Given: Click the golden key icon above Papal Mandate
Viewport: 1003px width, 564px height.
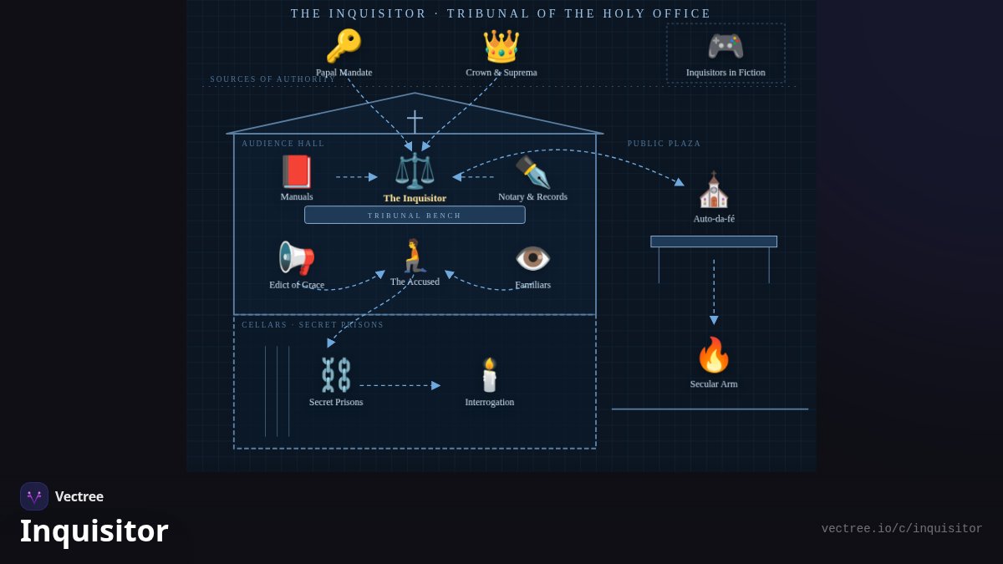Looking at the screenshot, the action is point(344,46).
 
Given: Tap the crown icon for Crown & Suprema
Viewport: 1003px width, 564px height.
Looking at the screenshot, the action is point(501,47).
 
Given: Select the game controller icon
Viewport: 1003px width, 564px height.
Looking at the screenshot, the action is point(726,46).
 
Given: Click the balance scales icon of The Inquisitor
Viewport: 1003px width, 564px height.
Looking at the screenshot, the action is point(415,170).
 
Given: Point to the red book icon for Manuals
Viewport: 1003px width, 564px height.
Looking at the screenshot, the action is point(297,171).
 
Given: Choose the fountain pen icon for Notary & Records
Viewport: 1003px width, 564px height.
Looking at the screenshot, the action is point(533,172).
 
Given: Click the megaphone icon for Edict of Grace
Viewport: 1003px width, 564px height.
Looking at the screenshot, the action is point(297,258).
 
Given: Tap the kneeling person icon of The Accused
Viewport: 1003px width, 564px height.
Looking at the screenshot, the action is point(415,256).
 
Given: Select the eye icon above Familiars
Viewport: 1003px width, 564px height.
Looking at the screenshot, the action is point(533,258).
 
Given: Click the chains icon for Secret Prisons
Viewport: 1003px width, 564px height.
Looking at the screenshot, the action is point(336,374).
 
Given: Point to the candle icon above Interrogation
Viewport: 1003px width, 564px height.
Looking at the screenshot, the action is point(490,374).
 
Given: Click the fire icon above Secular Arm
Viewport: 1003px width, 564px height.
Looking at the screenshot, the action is point(714,355).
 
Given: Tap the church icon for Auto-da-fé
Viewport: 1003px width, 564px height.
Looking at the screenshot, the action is point(714,190).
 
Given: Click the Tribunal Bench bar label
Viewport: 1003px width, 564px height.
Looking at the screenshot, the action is point(415,216).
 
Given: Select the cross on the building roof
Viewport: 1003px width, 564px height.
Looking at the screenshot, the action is point(415,122).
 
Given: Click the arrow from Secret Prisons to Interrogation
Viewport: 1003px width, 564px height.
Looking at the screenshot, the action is point(400,385).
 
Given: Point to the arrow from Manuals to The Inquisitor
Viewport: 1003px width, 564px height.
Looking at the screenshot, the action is point(357,177).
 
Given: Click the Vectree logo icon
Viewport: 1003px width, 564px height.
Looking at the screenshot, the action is point(34,496).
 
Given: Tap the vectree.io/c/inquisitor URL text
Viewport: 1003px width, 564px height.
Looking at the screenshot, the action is point(902,529).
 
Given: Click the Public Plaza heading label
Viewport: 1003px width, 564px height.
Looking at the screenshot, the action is point(664,143).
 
